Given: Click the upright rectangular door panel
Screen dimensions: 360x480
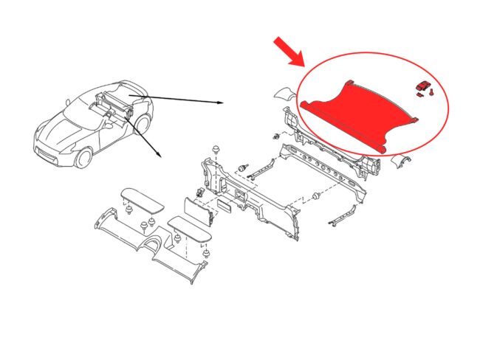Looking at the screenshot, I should tap(196, 210).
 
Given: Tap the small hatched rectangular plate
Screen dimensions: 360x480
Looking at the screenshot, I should tap(226, 204).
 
